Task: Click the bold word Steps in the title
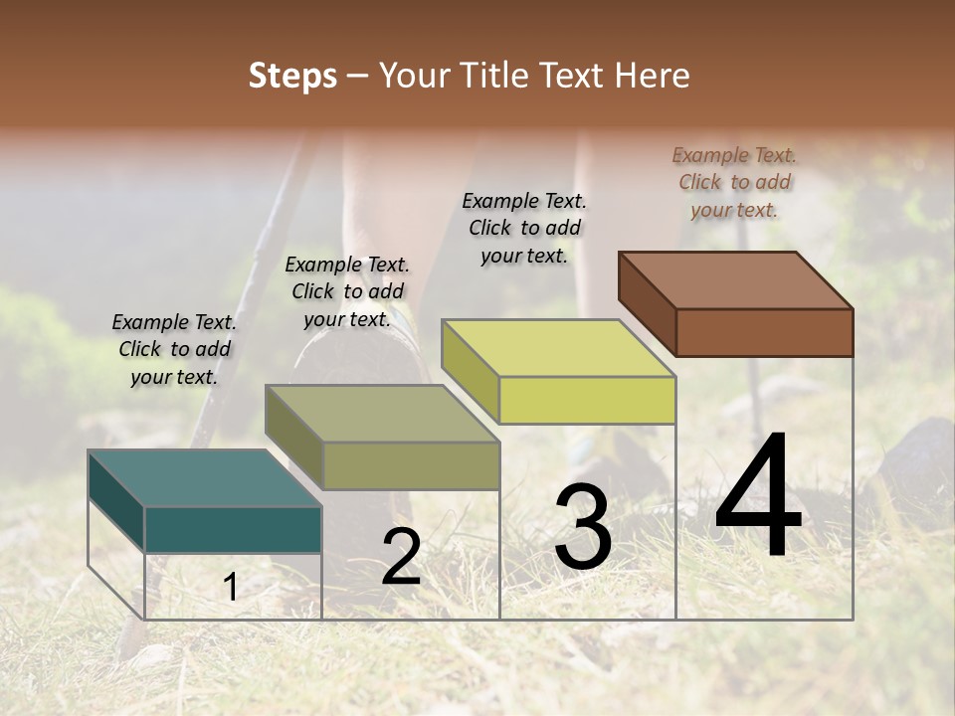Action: tap(292, 76)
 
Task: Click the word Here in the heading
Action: tap(654, 76)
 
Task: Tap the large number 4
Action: tap(758, 497)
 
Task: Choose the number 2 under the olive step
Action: tap(401, 557)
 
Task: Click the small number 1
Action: tap(230, 588)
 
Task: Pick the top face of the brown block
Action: tap(735, 279)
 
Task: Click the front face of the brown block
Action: tap(764, 332)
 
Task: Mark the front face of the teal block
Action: tap(233, 529)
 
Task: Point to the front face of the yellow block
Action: tap(587, 400)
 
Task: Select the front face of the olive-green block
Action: tap(410, 465)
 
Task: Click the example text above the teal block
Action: tap(174, 349)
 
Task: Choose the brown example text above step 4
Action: tap(734, 182)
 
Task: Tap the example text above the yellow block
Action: tap(524, 228)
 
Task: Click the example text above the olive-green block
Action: tap(347, 291)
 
